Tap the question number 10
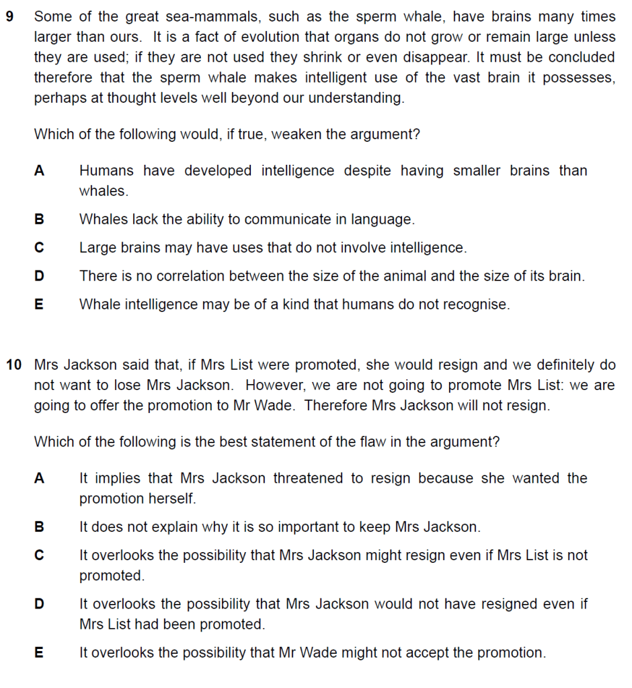[x=13, y=365]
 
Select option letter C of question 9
[x=39, y=247]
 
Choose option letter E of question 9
[x=39, y=304]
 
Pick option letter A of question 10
[x=39, y=478]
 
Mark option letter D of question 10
[x=39, y=604]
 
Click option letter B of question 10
[x=39, y=527]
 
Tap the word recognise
[x=476, y=304]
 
